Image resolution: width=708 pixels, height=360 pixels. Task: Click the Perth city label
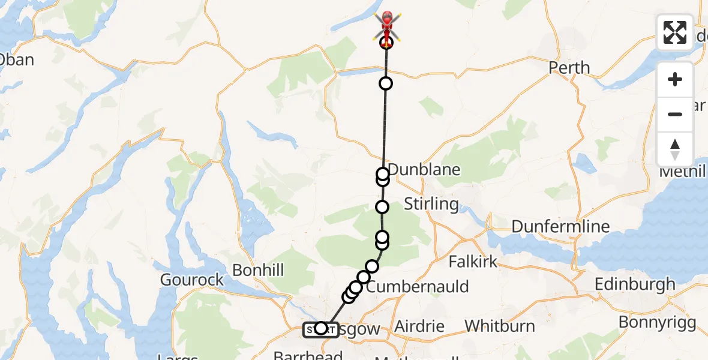click(569, 67)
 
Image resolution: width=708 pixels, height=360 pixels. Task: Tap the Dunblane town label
click(424, 169)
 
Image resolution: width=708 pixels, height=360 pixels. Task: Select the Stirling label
click(431, 204)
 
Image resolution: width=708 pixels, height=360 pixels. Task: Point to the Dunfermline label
click(560, 227)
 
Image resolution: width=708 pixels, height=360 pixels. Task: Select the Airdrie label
click(419, 327)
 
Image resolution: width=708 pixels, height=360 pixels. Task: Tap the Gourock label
click(192, 280)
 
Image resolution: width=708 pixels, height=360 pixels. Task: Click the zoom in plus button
click(675, 80)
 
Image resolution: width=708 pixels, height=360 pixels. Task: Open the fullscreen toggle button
click(675, 32)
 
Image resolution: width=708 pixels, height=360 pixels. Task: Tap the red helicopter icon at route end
click(388, 24)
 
